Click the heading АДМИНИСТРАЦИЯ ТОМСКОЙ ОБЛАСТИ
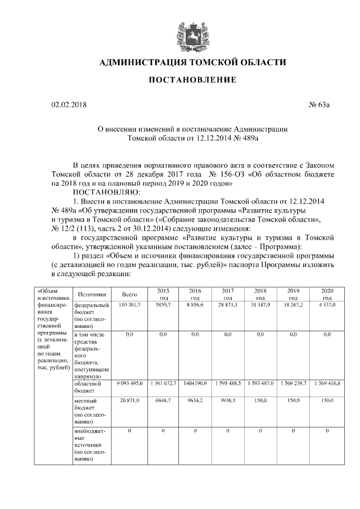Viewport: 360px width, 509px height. pos(191,62)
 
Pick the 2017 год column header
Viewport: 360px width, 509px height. pos(228,294)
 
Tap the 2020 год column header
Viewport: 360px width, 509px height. pos(327,294)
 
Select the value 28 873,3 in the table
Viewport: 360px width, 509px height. pos(228,304)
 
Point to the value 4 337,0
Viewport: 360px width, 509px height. pos(327,304)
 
